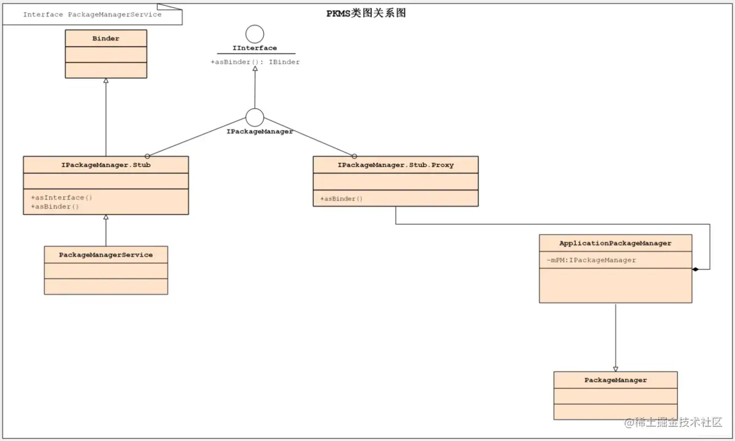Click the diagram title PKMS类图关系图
[x=366, y=13]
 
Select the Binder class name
[x=106, y=39]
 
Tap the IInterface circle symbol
[x=255, y=34]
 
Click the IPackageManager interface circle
[x=255, y=117]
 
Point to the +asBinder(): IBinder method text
[x=255, y=62]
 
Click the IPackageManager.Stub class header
[x=106, y=165]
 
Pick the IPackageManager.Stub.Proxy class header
[x=396, y=165]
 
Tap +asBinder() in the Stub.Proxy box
[x=341, y=199]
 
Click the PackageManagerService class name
[x=106, y=255]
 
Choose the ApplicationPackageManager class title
[x=615, y=243]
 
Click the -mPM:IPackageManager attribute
[x=591, y=260]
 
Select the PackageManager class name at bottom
[x=616, y=380]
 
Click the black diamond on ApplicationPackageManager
[x=695, y=269]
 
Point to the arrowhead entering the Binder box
[x=106, y=81]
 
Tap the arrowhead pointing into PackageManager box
[x=616, y=369]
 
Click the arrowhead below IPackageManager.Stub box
[x=106, y=217]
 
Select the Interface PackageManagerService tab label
[x=92, y=14]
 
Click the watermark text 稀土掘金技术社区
[x=678, y=423]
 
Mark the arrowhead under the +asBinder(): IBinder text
[x=255, y=69]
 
